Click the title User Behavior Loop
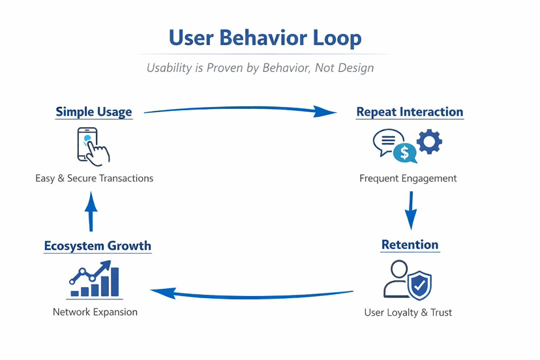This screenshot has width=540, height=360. coord(265,37)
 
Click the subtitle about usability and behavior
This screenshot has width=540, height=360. coord(260,68)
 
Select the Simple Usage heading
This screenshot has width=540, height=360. coord(94,112)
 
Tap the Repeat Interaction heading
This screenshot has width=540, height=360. coord(410,112)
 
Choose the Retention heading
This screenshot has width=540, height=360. coord(410,245)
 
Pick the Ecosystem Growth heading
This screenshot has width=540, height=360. coord(98,246)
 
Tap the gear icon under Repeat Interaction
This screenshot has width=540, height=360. coord(429,141)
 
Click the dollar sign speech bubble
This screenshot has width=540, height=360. coord(405,153)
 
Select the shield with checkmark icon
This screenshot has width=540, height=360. coord(420,284)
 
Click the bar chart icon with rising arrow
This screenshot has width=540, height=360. coord(95,281)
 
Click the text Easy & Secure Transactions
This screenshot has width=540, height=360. coord(95,178)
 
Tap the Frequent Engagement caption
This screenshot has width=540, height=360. coord(408,178)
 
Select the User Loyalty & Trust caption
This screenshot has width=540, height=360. coord(408,312)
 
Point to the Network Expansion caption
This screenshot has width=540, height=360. coord(95,312)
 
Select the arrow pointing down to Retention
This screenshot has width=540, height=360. coord(410,210)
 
